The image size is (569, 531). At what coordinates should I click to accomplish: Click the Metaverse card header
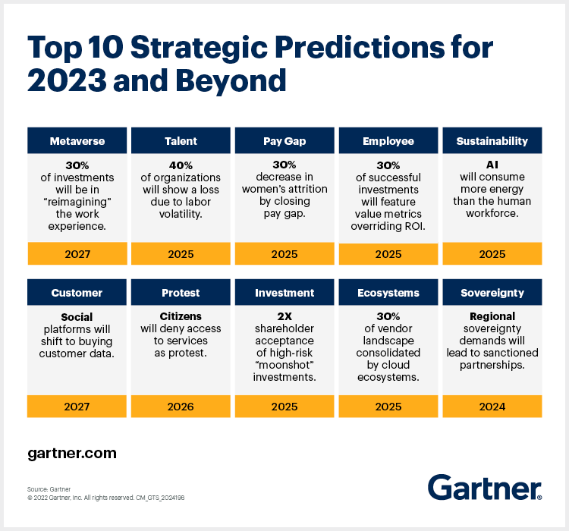coord(77,141)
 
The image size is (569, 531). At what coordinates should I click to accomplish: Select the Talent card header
coord(181,141)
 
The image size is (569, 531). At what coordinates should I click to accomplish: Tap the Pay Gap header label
coord(284,141)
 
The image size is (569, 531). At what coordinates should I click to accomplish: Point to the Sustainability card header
coord(492,141)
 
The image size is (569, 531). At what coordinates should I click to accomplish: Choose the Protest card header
coord(181,293)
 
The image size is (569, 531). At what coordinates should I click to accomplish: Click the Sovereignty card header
coord(492,293)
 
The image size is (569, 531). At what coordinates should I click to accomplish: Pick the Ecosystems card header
coord(388,293)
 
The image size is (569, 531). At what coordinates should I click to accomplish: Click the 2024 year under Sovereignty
coord(492,407)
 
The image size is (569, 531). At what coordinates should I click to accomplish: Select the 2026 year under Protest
coord(181,407)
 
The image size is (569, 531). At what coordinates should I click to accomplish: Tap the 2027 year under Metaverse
coord(77,254)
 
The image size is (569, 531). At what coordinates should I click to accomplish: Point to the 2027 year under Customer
coord(77,407)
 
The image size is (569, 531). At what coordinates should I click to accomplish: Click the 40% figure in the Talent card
coord(181,165)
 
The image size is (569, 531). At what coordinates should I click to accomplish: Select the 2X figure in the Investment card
coord(284,316)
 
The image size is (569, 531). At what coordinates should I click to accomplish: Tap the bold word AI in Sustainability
coord(492,165)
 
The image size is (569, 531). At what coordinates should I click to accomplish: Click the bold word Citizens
coord(181,316)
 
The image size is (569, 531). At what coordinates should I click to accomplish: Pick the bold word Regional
coord(492,316)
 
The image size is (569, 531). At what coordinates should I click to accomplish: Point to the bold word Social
coord(77,316)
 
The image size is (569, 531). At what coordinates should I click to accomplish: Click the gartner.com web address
coord(72,454)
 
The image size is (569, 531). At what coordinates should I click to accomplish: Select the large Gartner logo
coord(484,488)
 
